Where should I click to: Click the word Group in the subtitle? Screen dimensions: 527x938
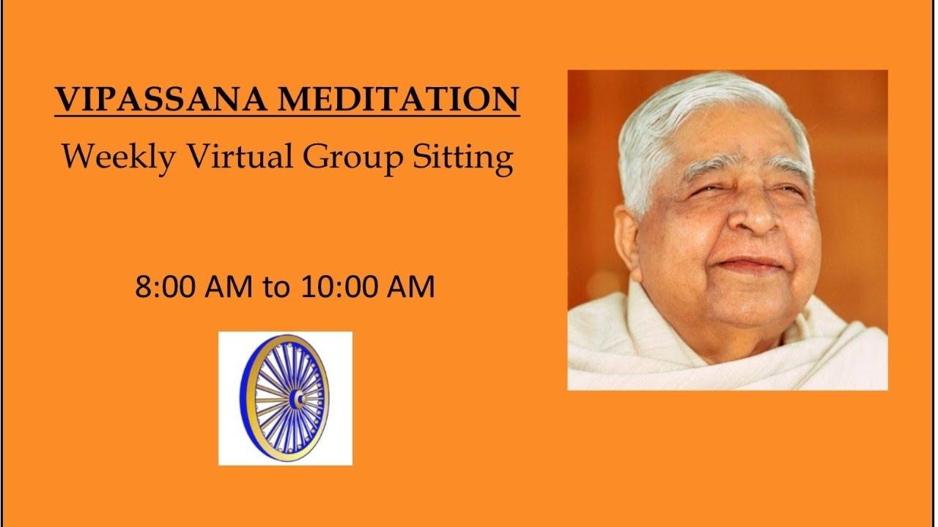pos(341,157)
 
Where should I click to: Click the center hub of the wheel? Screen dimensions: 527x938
pos(296,398)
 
